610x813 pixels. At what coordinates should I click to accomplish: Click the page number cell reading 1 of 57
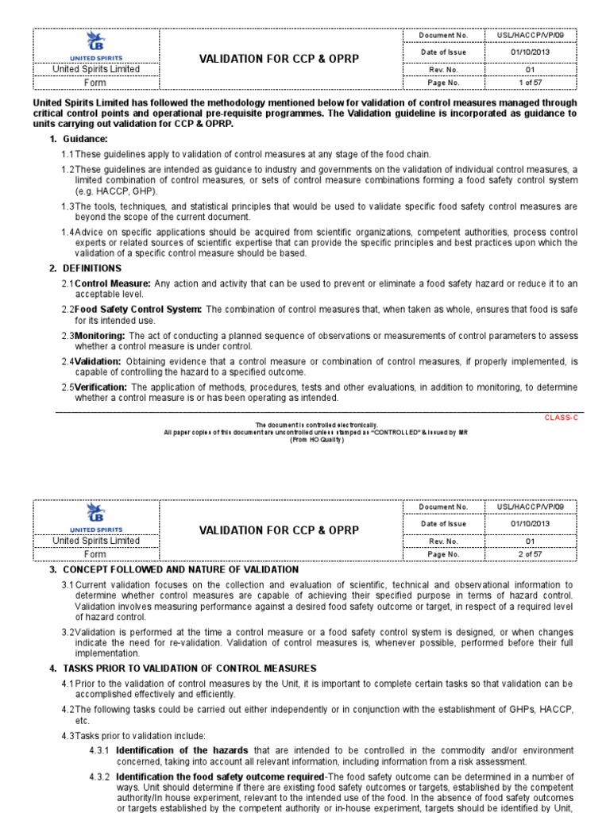point(530,82)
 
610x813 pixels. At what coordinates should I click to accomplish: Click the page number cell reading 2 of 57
point(530,553)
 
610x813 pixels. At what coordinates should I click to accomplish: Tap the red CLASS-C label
point(560,417)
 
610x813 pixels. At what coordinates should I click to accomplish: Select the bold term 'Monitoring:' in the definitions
point(100,335)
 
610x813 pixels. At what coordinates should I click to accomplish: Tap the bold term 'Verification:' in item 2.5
point(102,387)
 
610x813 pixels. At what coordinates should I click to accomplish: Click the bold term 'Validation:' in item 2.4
point(98,361)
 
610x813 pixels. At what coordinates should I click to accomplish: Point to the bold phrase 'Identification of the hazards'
point(182,750)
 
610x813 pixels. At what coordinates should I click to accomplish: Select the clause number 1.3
point(68,206)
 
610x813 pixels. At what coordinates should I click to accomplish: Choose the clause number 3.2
point(68,632)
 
